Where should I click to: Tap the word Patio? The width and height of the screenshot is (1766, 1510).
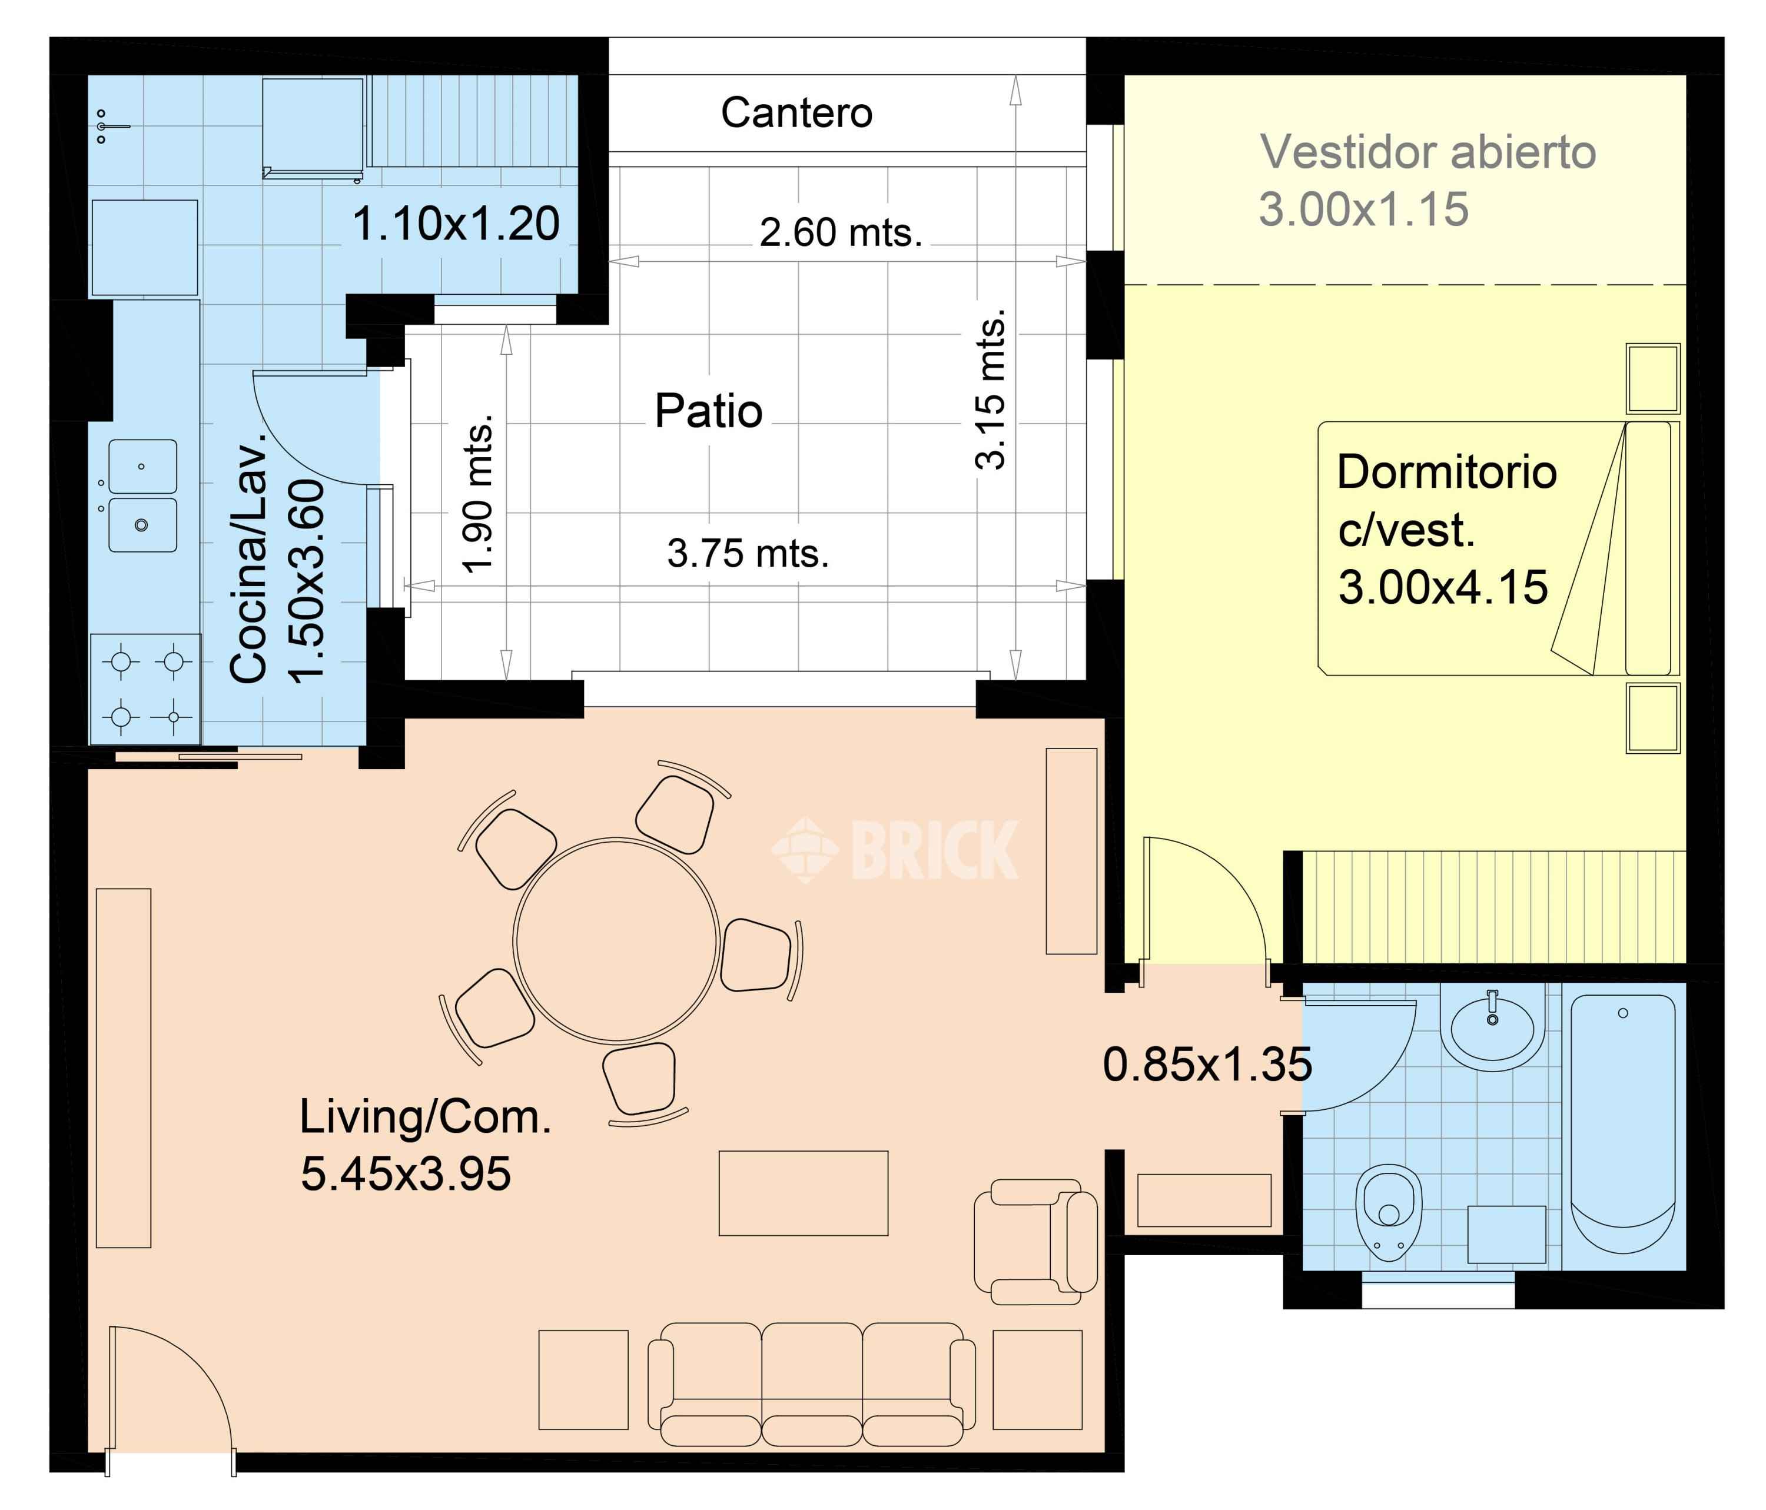click(708, 411)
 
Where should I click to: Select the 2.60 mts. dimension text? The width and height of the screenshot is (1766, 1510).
click(841, 232)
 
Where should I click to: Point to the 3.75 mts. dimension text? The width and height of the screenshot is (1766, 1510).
click(748, 553)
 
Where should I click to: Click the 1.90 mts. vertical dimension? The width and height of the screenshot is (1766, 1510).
click(477, 493)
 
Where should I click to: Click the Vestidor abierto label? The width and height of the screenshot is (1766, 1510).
click(1428, 152)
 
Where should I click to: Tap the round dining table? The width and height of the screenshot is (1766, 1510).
click(615, 940)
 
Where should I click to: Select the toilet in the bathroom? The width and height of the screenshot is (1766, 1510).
click(1389, 1212)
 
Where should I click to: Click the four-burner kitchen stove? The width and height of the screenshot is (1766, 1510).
click(146, 689)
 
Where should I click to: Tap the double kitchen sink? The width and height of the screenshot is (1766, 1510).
click(142, 496)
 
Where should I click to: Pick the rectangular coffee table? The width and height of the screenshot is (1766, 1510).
click(804, 1193)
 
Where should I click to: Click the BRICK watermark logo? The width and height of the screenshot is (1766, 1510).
click(895, 850)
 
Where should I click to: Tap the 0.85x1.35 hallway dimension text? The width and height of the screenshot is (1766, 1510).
click(1207, 1065)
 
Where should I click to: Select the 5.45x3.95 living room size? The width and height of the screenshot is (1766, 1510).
click(406, 1173)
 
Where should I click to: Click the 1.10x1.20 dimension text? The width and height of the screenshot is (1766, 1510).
click(456, 224)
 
